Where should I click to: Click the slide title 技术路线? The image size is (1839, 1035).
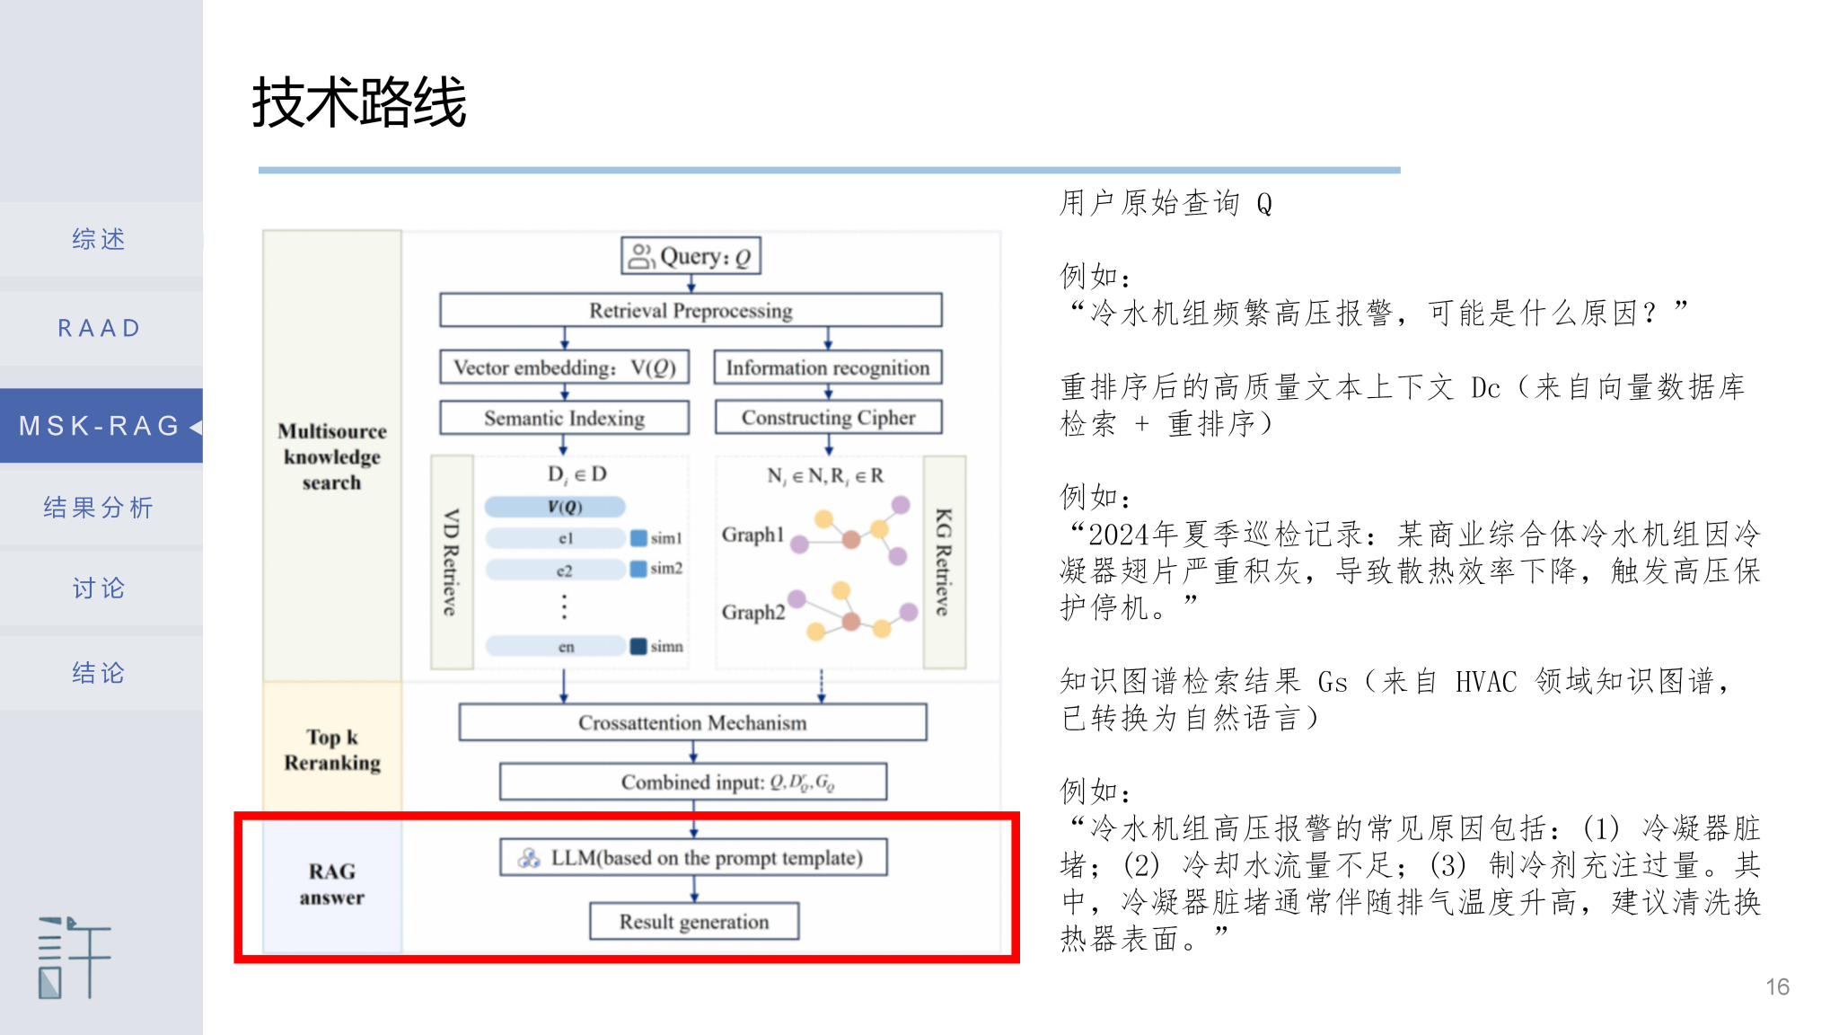click(x=359, y=102)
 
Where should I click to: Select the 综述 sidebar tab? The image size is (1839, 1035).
click(x=99, y=239)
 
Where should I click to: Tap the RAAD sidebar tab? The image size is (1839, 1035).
click(x=99, y=328)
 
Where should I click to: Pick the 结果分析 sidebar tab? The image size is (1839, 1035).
click(x=99, y=508)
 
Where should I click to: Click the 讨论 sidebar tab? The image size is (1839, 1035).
click(x=99, y=588)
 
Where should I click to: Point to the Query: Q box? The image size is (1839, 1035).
click(x=691, y=256)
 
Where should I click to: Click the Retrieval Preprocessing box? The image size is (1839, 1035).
click(x=691, y=311)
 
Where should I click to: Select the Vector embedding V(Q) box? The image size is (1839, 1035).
click(x=564, y=367)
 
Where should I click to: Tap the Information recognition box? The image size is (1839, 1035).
click(x=828, y=367)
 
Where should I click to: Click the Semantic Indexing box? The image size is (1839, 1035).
click(x=564, y=418)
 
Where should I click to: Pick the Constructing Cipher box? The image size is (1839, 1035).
click(x=828, y=418)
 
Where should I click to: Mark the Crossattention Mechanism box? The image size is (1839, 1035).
click(x=692, y=722)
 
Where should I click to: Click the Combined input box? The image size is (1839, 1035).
click(x=692, y=782)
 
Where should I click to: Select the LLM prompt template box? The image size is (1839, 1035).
click(x=693, y=858)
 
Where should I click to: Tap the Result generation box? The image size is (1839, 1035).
click(x=693, y=922)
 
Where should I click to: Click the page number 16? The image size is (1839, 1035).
click(x=1777, y=986)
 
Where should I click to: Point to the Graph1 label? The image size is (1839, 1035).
click(x=752, y=535)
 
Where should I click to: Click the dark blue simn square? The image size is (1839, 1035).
click(x=638, y=646)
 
